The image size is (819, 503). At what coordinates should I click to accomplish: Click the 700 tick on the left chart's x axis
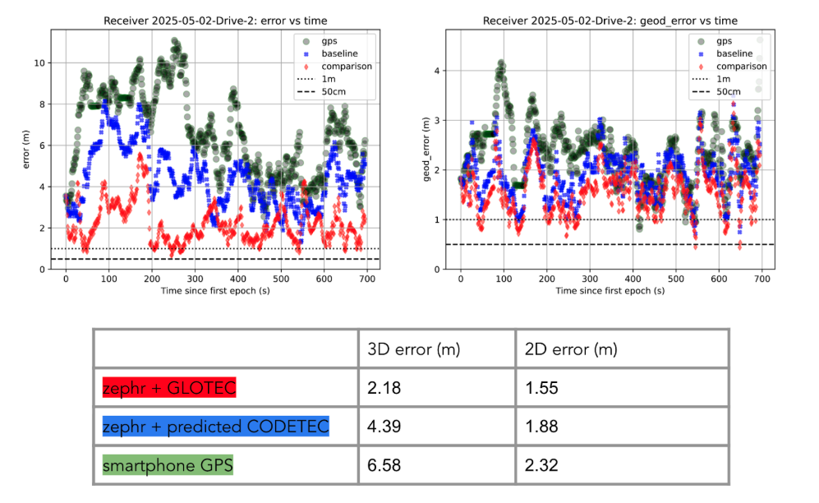coord(367,279)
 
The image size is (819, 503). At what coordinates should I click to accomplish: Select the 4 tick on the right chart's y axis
coord(438,71)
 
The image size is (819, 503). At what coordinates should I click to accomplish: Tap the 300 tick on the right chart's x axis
coord(590,279)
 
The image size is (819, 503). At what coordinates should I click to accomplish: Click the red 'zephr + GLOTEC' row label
coord(168,388)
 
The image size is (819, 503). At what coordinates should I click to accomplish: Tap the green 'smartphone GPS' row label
coord(168,466)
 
